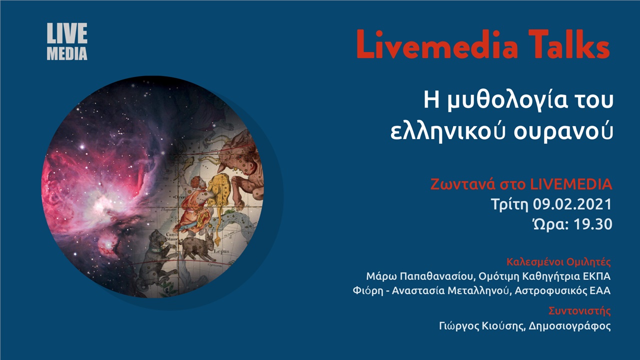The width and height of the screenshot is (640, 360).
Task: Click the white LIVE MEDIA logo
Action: coord(67,42)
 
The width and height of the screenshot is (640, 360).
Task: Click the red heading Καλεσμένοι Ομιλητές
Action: coord(558,262)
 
